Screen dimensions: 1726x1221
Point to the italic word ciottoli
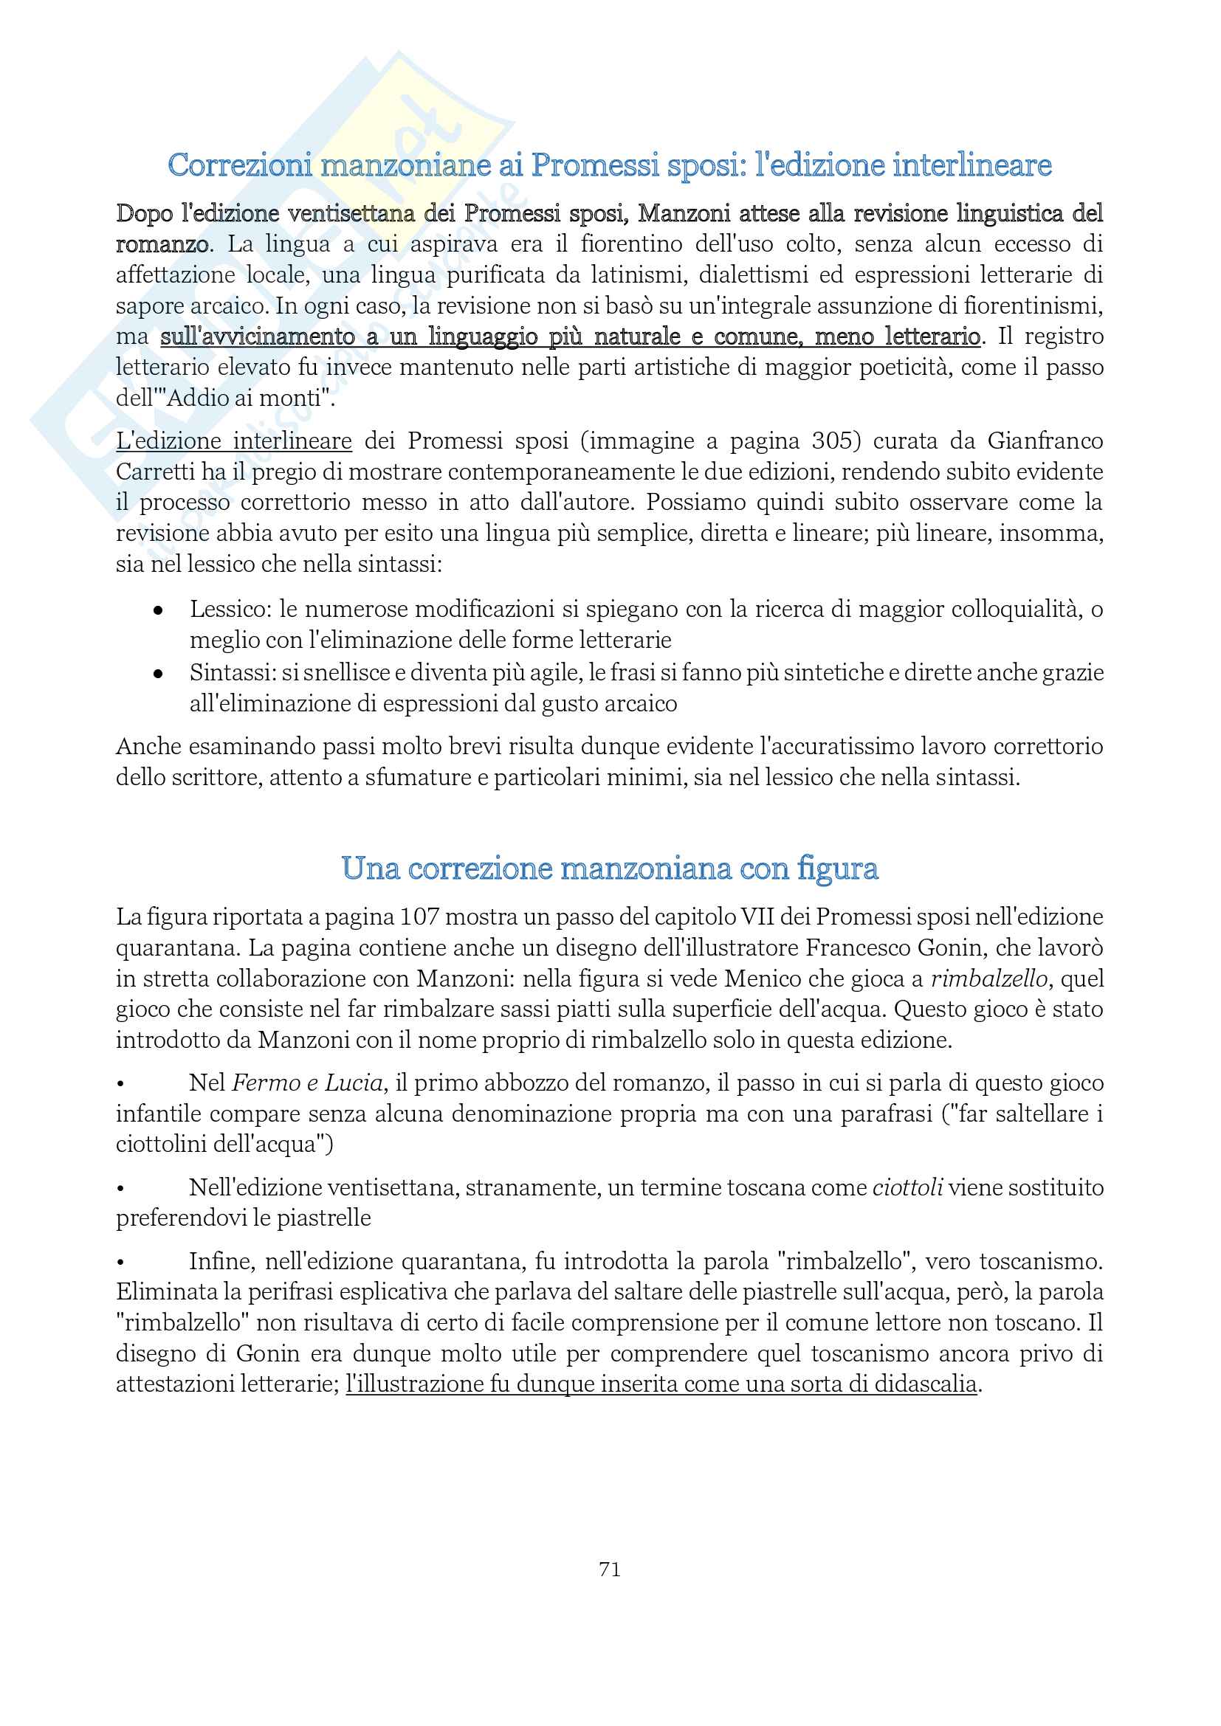pyautogui.click(x=907, y=1188)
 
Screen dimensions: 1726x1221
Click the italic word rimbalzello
pyautogui.click(x=988, y=978)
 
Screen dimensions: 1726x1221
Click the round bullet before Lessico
pyautogui.click(x=158, y=610)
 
